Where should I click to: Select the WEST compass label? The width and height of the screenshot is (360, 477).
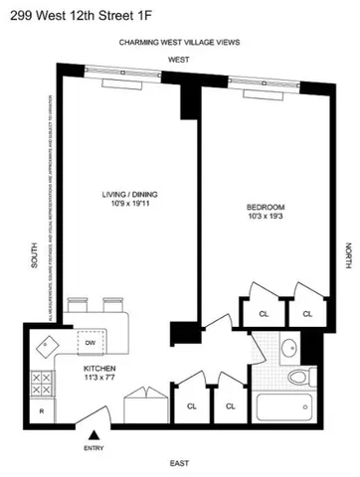pyautogui.click(x=178, y=60)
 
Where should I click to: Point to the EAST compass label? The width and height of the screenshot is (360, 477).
pyautogui.click(x=179, y=464)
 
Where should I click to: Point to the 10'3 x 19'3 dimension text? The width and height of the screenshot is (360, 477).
pyautogui.click(x=267, y=218)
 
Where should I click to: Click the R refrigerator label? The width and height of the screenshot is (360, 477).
pyautogui.click(x=41, y=409)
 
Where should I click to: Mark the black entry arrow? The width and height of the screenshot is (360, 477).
pyautogui.click(x=94, y=434)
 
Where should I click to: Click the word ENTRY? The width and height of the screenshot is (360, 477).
pyautogui.click(x=94, y=447)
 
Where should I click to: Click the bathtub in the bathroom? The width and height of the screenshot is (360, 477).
pyautogui.click(x=285, y=407)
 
